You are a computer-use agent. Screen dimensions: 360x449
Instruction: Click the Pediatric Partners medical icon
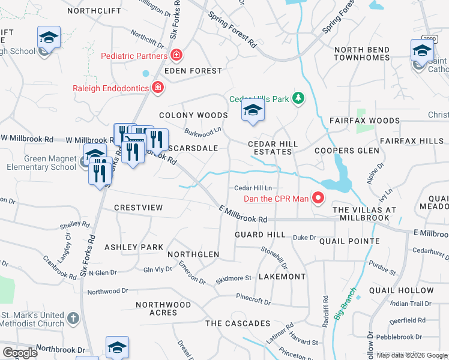point(176,56)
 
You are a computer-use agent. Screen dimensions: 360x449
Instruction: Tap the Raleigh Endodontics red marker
point(157,88)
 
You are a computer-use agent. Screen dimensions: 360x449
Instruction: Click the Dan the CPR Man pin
point(318,199)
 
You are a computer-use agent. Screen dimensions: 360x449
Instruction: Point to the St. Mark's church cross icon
point(73,319)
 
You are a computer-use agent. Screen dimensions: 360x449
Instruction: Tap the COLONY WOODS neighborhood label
point(193,115)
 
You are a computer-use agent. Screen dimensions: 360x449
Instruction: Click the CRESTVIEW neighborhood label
point(138,207)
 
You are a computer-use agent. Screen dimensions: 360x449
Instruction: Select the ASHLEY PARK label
point(134,247)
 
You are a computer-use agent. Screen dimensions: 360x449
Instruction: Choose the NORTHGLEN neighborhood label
point(193,254)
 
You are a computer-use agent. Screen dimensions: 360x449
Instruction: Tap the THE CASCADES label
point(238,323)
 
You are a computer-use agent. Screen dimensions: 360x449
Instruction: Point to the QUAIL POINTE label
point(349,241)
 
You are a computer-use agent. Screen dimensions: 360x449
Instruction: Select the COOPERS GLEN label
point(347,151)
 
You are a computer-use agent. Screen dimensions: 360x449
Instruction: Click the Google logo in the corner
point(20,352)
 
